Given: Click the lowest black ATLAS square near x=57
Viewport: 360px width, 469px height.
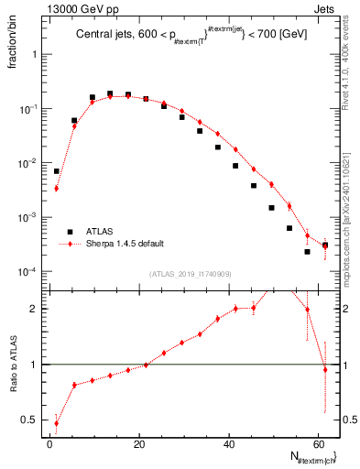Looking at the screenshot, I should click(307, 251).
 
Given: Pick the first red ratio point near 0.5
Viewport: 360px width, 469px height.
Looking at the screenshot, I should click(57, 423).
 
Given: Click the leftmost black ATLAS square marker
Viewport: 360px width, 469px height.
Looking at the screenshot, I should click(57, 171).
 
